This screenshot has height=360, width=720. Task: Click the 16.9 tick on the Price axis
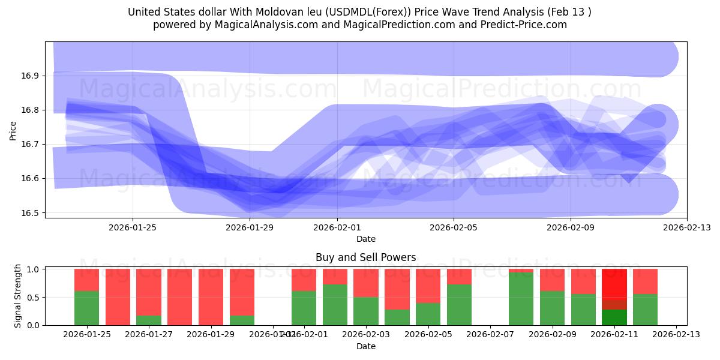pyautogui.click(x=32, y=76)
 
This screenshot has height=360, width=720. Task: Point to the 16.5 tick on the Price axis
pyautogui.click(x=32, y=213)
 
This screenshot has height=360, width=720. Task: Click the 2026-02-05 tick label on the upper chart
pyautogui.click(x=454, y=227)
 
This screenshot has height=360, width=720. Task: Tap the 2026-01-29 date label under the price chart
pyautogui.click(x=250, y=227)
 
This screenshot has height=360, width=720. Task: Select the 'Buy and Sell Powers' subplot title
pyautogui.click(x=365, y=257)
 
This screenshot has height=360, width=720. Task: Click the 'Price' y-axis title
pyautogui.click(x=13, y=130)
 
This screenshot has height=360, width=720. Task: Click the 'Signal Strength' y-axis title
pyautogui.click(x=18, y=296)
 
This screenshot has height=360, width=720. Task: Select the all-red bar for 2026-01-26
pyautogui.click(x=118, y=297)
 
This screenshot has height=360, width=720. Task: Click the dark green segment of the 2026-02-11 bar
pyautogui.click(x=614, y=317)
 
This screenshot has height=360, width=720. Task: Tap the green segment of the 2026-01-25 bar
pyautogui.click(x=86, y=308)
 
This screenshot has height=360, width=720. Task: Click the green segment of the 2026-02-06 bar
pyautogui.click(x=459, y=305)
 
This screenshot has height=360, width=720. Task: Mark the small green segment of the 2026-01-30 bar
pyautogui.click(x=242, y=320)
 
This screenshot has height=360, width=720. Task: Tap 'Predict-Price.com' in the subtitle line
pyautogui.click(x=524, y=25)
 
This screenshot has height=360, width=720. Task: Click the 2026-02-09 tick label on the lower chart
pyautogui.click(x=552, y=334)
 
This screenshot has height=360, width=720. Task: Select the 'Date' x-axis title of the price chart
pyautogui.click(x=365, y=239)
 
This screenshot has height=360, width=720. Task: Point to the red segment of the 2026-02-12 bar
pyautogui.click(x=645, y=281)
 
